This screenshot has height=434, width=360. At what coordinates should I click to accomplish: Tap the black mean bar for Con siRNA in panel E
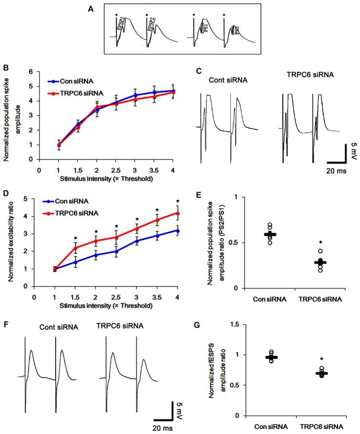270,234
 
